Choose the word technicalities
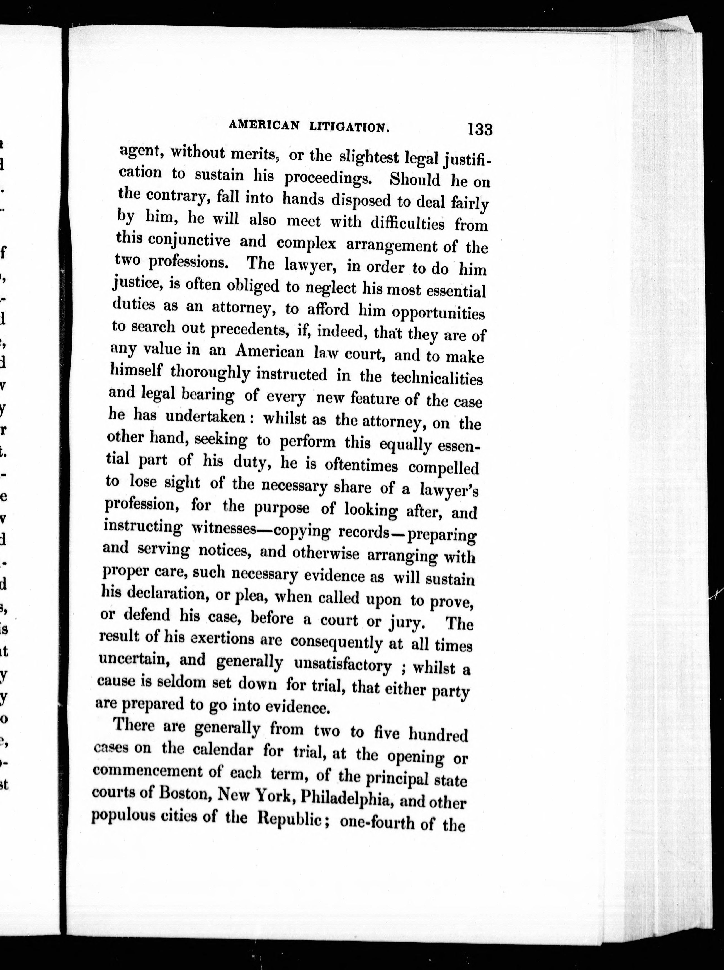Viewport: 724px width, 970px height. click(x=436, y=378)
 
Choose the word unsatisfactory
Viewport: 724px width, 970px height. click(x=343, y=665)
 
